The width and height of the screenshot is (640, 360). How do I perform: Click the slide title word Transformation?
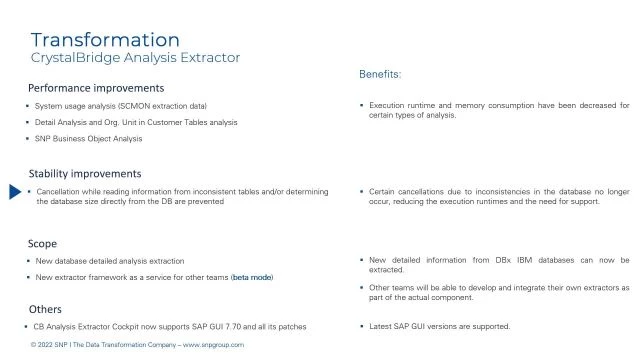[105, 40]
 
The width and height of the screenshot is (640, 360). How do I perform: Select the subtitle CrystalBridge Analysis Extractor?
[135, 58]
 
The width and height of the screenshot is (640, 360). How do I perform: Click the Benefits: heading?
[380, 74]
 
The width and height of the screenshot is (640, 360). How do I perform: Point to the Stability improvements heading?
[85, 174]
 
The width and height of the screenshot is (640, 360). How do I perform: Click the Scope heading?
[43, 243]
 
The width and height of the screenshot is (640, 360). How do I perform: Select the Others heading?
[46, 310]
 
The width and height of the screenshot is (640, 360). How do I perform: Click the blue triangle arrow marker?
[15, 192]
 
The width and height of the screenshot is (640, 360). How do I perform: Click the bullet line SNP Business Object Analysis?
[89, 139]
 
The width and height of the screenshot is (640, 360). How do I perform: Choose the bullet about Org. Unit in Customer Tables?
[136, 122]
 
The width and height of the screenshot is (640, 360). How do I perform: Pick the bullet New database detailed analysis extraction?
[110, 260]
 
